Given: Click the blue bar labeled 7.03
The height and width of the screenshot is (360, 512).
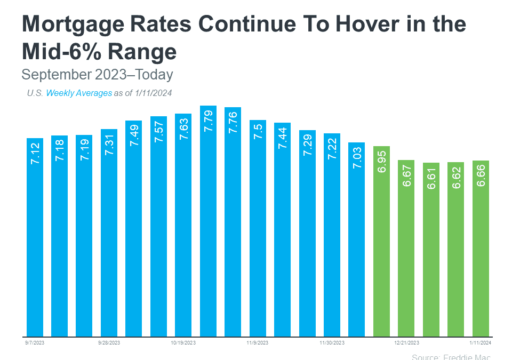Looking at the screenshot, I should click(356, 239).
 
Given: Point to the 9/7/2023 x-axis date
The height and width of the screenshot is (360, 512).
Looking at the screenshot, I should click(35, 343).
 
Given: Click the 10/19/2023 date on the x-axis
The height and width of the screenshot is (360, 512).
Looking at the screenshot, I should click(183, 343).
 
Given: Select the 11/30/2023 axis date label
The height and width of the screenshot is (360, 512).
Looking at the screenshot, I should click(332, 343).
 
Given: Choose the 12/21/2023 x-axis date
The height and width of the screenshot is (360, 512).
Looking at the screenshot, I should click(406, 343).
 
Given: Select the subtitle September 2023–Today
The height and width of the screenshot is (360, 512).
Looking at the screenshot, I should click(97, 74).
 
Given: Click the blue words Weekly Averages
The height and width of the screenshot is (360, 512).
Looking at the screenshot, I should click(79, 93).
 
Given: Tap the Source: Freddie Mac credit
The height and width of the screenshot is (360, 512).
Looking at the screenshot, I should click(451, 356).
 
